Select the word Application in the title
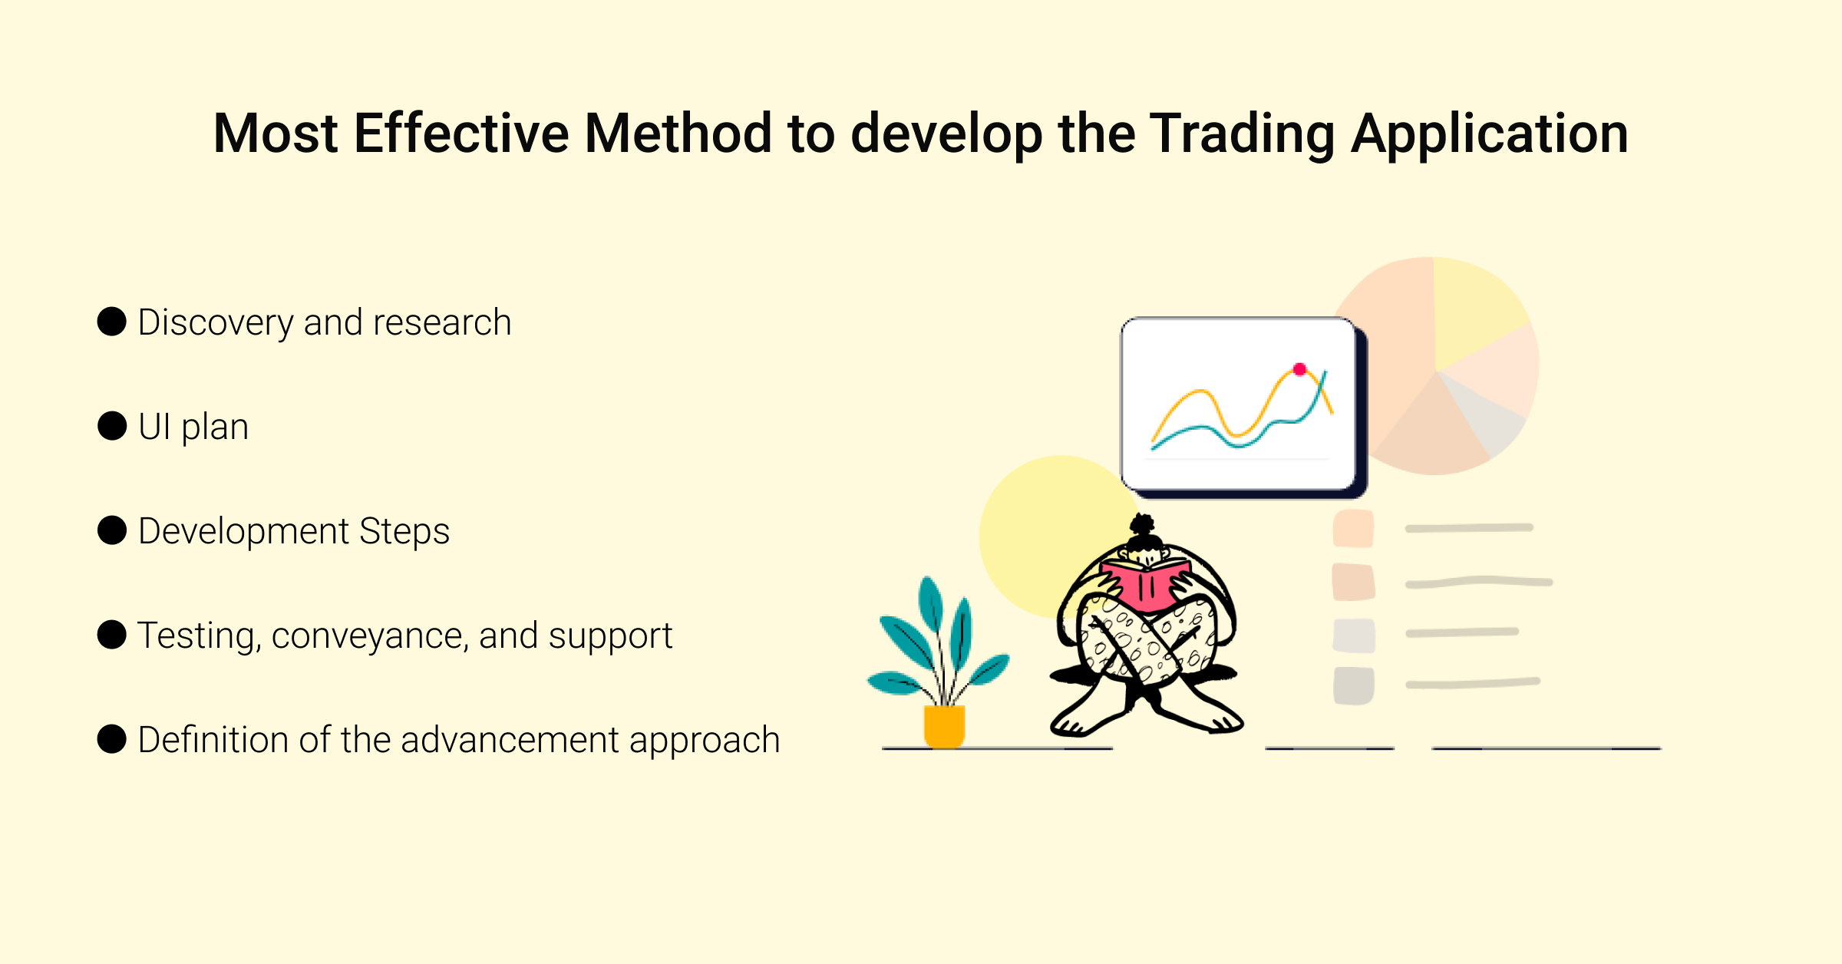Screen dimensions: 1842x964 coord(1489,134)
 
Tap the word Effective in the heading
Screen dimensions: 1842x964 coord(461,134)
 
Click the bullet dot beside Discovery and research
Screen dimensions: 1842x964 coord(112,322)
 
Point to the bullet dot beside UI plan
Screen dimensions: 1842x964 coord(112,426)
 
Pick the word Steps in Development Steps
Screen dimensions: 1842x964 coord(404,532)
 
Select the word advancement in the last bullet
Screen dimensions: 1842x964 coord(510,740)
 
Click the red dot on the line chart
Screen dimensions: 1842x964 coord(1299,369)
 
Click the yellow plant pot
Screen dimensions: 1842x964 coord(944,726)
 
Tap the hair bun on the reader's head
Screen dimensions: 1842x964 coord(1143,526)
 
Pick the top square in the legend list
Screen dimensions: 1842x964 coord(1353,528)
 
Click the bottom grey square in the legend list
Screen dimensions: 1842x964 coord(1353,686)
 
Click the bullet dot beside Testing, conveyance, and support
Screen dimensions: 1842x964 coord(112,635)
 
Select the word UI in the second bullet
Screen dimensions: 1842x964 coord(154,427)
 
